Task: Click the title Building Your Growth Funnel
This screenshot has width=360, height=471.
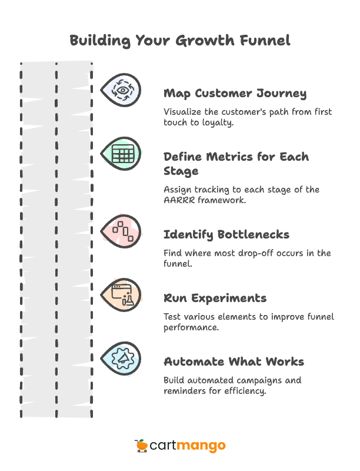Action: [x=179, y=41]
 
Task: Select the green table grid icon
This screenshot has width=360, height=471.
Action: [x=122, y=155]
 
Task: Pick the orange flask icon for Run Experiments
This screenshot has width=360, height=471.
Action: [x=122, y=294]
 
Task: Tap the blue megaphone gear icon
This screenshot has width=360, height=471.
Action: [x=122, y=357]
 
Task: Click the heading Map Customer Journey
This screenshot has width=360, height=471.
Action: [x=235, y=94]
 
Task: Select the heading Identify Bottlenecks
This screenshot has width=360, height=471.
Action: [x=226, y=234]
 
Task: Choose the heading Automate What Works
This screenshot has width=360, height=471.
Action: [x=233, y=361]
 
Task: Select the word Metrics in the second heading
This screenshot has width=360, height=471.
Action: [x=218, y=157]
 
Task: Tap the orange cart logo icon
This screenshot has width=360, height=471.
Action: [x=141, y=446]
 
